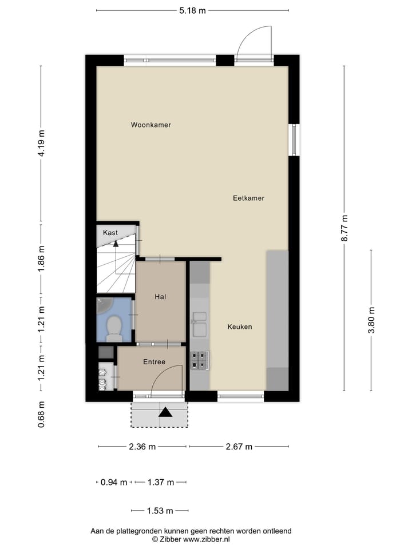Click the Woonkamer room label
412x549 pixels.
pyautogui.click(x=150, y=125)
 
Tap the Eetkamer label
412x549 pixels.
pyautogui.click(x=248, y=198)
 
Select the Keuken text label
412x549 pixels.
pyautogui.click(x=239, y=327)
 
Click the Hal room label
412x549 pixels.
pyautogui.click(x=160, y=297)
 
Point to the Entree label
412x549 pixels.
pyautogui.click(x=154, y=361)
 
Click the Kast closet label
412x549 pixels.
pyautogui.click(x=110, y=233)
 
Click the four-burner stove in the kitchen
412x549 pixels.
pyautogui.click(x=200, y=359)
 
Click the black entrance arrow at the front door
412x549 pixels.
pyautogui.click(x=166, y=411)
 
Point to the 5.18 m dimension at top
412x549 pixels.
pyautogui.click(x=192, y=10)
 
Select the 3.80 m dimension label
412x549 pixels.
pyautogui.click(x=371, y=320)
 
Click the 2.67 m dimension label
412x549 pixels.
pyautogui.click(x=239, y=447)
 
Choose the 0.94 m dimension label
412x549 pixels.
pyautogui.click(x=113, y=482)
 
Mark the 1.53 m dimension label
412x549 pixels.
pyautogui.click(x=160, y=511)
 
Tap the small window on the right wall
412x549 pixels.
pyautogui.click(x=294, y=140)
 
